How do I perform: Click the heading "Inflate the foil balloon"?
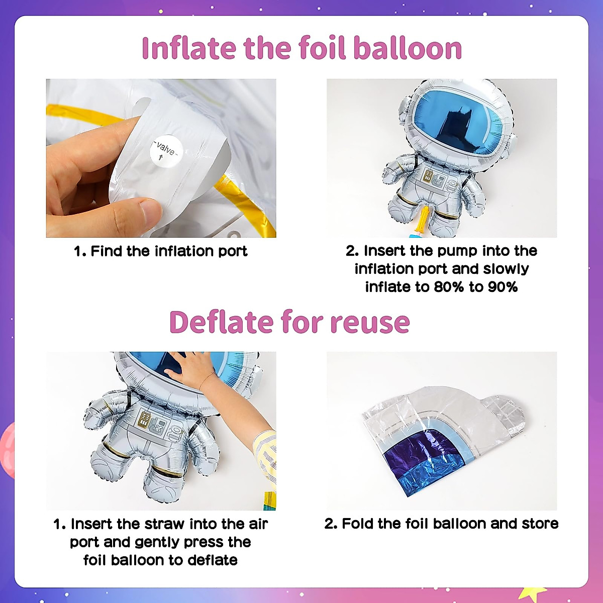tap(301, 48)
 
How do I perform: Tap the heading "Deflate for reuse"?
tap(289, 322)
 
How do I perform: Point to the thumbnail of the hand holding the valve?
tap(161, 158)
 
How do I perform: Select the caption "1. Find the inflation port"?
tap(161, 251)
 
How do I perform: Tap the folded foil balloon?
tap(442, 437)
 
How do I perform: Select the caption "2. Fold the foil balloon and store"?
tap(441, 524)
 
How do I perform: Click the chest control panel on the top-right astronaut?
tap(435, 178)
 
